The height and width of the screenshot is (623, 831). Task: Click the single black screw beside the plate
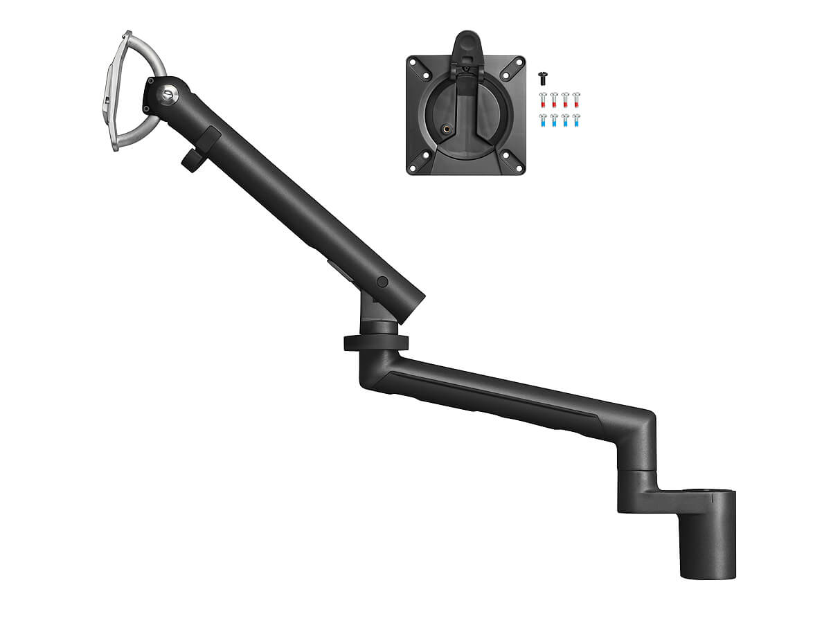click(542, 81)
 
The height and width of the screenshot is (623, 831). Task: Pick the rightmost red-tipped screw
click(576, 100)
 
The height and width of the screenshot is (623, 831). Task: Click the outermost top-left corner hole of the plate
click(413, 62)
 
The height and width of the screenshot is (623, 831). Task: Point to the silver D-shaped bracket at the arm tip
click(132, 90)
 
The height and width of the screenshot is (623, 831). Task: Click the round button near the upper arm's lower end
click(382, 282)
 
